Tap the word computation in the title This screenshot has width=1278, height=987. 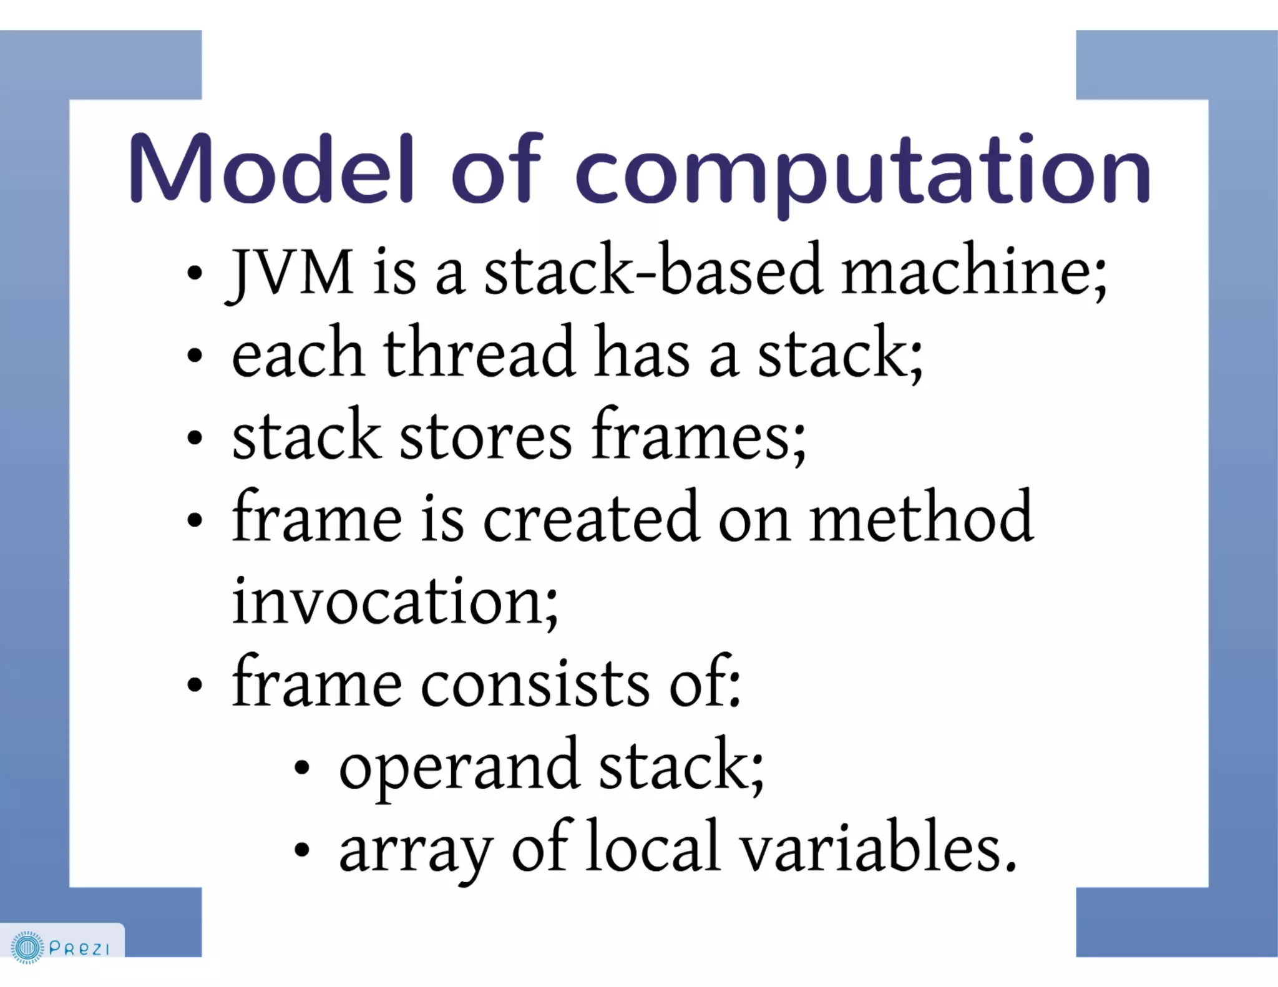[862, 172]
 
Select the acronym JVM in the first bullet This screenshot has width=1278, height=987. [291, 272]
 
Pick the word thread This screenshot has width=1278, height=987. [478, 352]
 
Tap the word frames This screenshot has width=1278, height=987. [698, 435]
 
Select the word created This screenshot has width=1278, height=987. [590, 518]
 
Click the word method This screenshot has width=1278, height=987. [921, 517]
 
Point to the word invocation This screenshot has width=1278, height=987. [394, 601]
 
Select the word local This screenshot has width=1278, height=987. [653, 848]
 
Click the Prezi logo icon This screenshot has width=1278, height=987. [27, 948]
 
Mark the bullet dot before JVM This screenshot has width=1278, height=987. [195, 273]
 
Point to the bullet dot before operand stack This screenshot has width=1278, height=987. [302, 767]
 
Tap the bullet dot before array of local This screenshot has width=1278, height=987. [302, 850]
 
